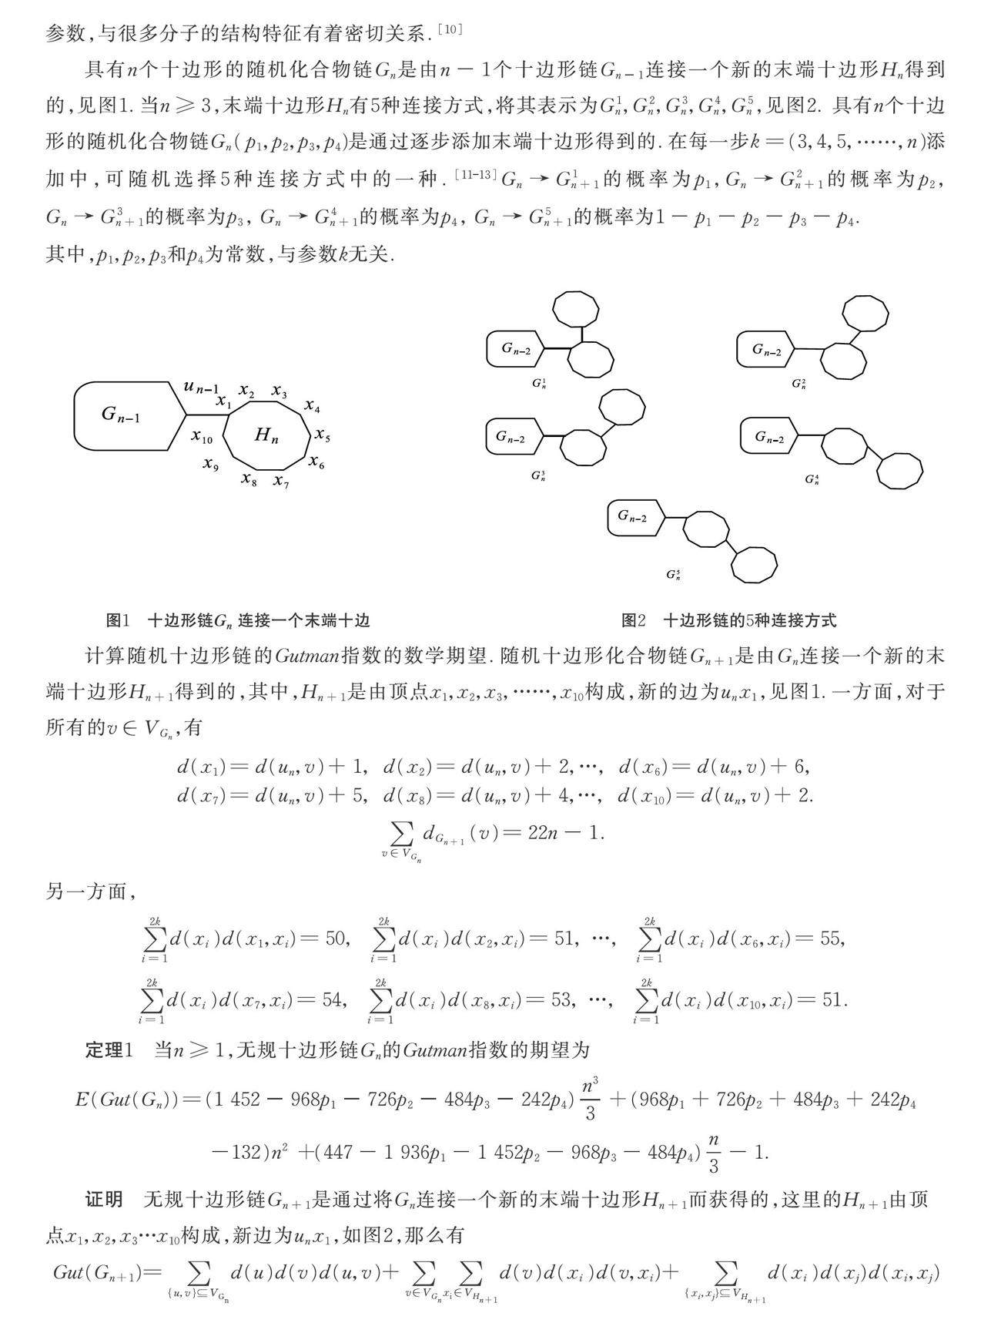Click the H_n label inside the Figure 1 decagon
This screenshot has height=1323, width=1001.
point(266,436)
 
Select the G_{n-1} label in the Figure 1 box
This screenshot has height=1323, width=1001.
point(122,415)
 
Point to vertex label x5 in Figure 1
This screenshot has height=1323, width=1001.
point(323,436)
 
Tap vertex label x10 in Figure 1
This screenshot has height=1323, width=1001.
point(202,437)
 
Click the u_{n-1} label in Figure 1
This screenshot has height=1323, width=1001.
point(201,387)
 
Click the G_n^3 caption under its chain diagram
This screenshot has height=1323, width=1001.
point(538,475)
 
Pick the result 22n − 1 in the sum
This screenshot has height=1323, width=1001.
point(566,833)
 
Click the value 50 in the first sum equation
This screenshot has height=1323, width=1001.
point(336,939)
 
